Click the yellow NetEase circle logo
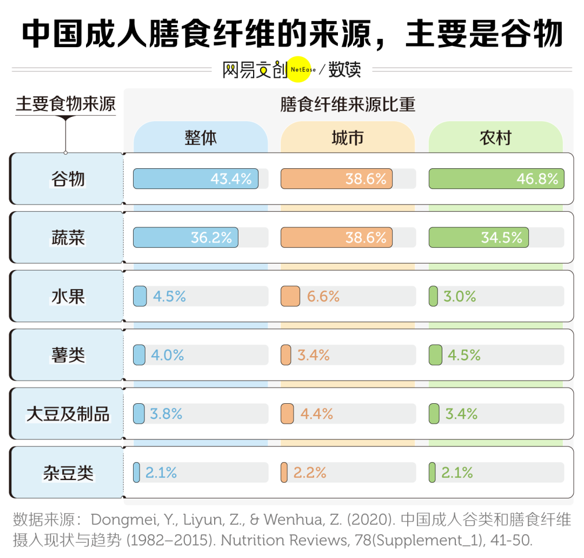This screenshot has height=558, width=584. (299, 69)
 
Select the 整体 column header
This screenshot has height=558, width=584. (201, 138)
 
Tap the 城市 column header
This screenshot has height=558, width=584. (348, 138)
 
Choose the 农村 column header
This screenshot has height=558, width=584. (495, 138)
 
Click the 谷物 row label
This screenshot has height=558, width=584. (68, 179)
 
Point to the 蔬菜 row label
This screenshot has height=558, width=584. (68, 238)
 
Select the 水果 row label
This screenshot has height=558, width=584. (68, 297)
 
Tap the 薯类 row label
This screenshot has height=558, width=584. (68, 355)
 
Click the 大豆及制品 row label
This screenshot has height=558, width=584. (68, 414)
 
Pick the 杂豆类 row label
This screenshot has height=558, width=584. (68, 472)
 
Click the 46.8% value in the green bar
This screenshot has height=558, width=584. (537, 179)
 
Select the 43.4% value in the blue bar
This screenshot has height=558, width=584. (231, 179)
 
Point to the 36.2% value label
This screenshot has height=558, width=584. (211, 238)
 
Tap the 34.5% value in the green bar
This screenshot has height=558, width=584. (502, 238)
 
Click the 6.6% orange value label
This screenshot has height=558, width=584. (323, 297)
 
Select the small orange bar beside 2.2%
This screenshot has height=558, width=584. (284, 472)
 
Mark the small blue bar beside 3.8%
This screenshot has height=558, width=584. (139, 414)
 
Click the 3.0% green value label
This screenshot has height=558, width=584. (460, 297)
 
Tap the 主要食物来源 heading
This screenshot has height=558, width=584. (65, 104)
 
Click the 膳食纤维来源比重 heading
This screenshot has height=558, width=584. (348, 104)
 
